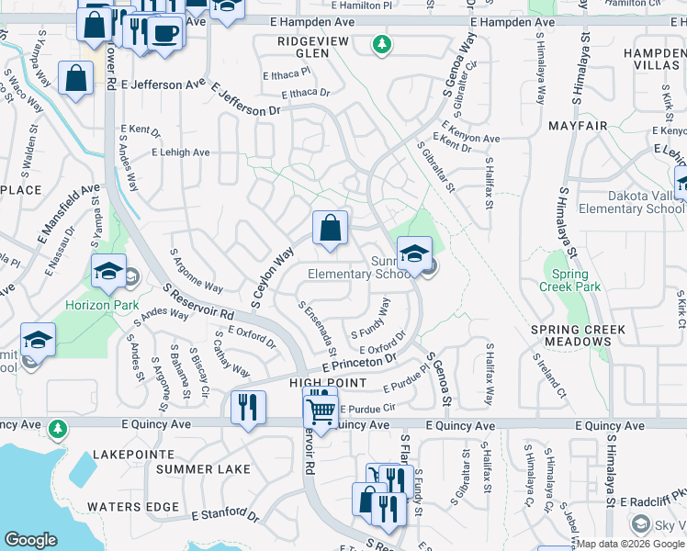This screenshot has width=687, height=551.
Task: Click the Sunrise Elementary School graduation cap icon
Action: (x=414, y=253)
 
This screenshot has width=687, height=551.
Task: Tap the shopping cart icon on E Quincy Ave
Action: (x=321, y=410)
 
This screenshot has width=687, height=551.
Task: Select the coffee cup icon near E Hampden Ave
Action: (x=165, y=33)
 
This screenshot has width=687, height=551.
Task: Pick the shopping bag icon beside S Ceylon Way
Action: (x=330, y=228)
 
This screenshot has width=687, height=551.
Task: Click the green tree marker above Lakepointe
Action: (x=58, y=428)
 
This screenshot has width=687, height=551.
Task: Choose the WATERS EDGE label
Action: (x=133, y=506)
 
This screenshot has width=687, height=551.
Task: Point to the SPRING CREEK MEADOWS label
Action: (x=578, y=335)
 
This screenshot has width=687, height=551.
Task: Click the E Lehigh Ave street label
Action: (x=181, y=152)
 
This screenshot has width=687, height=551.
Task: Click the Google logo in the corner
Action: (x=30, y=540)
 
